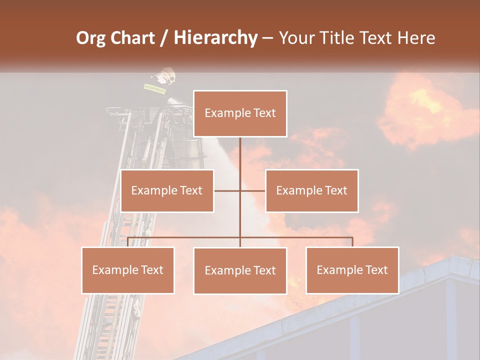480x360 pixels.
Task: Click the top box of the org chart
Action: [240, 113]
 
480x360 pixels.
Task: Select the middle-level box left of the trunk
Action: [167, 190]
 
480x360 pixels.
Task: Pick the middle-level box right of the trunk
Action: [311, 190]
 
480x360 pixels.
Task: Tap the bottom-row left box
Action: [128, 270]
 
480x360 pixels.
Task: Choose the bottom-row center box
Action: [240, 270]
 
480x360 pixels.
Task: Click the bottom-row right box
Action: [352, 270]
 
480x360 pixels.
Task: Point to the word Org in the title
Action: [91, 38]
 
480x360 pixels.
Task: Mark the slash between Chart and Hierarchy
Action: [164, 38]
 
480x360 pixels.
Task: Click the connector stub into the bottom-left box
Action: [128, 242]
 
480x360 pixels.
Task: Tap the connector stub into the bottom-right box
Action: [352, 242]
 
